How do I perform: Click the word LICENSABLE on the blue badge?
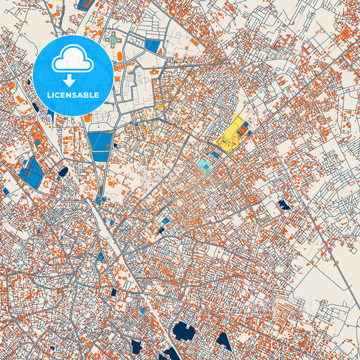tap(73, 95)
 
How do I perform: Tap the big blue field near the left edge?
tap(31, 172)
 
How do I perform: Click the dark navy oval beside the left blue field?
tap(63, 172)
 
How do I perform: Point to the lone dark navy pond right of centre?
tap(284, 203)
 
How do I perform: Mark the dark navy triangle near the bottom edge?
tap(224, 341)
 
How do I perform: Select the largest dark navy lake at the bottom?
tap(184, 331)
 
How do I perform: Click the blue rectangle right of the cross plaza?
tap(154, 46)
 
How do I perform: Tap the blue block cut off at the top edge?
tap(85, 4)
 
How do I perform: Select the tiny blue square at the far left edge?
tap(6, 191)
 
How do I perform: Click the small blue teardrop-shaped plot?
tap(101, 256)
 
